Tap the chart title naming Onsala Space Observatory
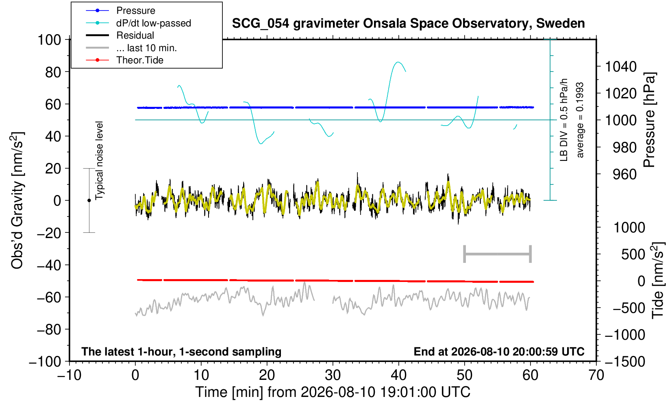click(408, 24)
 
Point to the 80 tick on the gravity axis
click(53, 72)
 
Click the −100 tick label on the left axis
click(45, 362)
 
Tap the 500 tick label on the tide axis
click(633, 255)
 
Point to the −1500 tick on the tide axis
click(625, 362)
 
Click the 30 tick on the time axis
click(333, 375)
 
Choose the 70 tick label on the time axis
click(596, 375)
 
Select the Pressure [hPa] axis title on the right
click(650, 120)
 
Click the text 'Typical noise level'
click(99, 161)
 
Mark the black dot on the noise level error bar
click(89, 200)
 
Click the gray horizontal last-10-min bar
click(498, 254)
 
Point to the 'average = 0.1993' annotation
click(580, 120)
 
